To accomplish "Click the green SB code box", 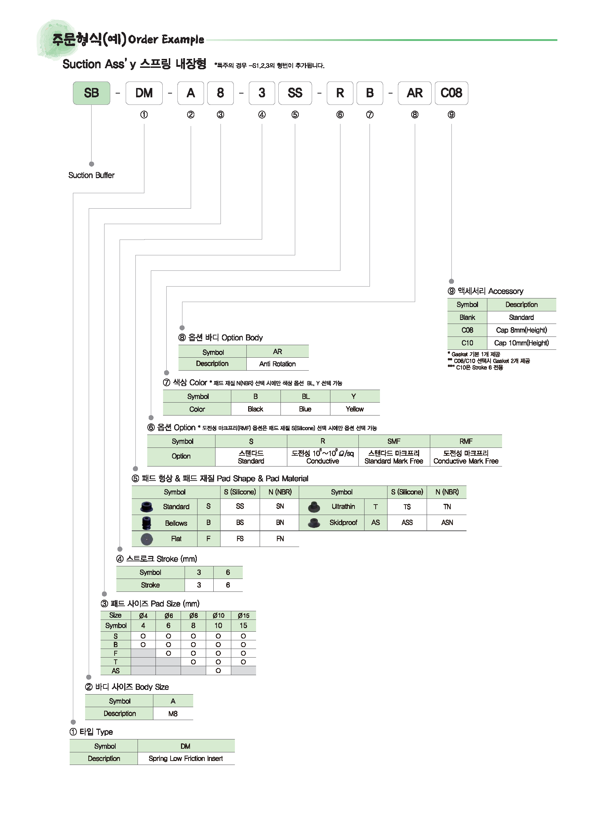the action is coord(92,93).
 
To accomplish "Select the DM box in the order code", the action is coord(144,93).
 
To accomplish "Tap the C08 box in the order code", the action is coord(451,93).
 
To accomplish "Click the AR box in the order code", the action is coord(414,93).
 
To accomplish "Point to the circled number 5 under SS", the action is coord(295,115).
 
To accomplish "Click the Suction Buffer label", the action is coord(92,175).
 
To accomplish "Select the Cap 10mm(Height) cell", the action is coord(521,343).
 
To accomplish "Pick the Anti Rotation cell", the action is coord(278,364).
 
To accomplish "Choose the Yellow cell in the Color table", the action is coord(355,409).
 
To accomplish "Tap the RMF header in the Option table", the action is coord(466,441).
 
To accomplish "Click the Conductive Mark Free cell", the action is coord(466,457).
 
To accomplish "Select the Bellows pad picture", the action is coord(146,523).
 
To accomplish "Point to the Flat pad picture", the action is coord(147,539).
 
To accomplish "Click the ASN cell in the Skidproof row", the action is coord(447,523).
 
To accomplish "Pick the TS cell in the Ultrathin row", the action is coord(407,507).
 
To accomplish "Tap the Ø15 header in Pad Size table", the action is coord(243,616).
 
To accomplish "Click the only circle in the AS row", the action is coord(218,670).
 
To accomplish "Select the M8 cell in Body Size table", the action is coord(173,714).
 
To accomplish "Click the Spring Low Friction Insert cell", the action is coord(186,758).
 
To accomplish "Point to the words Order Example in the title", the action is coord(166,39).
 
